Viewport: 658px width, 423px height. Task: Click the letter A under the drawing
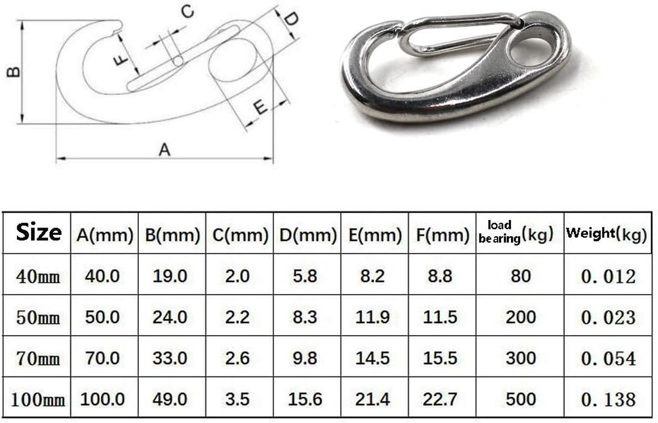tap(165, 150)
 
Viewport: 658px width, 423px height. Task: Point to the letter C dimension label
tap(186, 12)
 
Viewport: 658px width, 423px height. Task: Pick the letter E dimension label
tap(260, 107)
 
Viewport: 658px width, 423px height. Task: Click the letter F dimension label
tap(122, 59)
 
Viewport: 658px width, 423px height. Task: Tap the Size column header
tap(38, 233)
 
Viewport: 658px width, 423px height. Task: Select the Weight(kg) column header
tap(606, 233)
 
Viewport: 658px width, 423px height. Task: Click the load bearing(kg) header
tap(515, 233)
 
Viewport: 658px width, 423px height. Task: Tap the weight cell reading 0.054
tap(608, 358)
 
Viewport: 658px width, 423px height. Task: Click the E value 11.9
tap(373, 317)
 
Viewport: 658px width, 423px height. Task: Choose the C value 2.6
tap(237, 358)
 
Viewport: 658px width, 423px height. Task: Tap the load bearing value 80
tap(520, 275)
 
